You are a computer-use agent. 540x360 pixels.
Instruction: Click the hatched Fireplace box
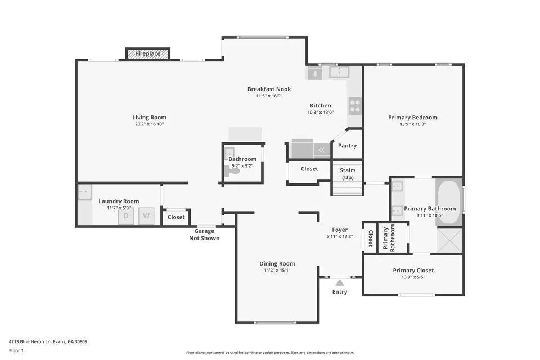pyautogui.click(x=148, y=54)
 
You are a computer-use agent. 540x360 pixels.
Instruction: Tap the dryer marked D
pyautogui.click(x=125, y=216)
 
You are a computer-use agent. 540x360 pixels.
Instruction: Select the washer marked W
pyautogui.click(x=146, y=216)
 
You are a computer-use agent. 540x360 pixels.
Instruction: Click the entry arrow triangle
pyautogui.click(x=340, y=283)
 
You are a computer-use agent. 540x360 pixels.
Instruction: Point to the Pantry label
pyautogui.click(x=347, y=146)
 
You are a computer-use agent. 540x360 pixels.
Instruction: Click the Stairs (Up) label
pyautogui.click(x=348, y=174)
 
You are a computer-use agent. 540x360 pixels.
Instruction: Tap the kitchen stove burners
pyautogui.click(x=355, y=106)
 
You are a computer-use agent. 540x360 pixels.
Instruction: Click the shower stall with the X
pyautogui.click(x=450, y=240)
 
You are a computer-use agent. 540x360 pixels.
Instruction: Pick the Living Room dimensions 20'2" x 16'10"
pyautogui.click(x=149, y=124)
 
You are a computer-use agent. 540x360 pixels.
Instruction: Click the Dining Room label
pyautogui.click(x=277, y=264)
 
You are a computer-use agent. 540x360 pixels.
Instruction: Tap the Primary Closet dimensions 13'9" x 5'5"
pyautogui.click(x=413, y=277)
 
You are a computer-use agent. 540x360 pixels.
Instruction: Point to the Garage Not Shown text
pyautogui.click(x=204, y=235)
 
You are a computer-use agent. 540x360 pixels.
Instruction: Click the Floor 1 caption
pyautogui.click(x=16, y=350)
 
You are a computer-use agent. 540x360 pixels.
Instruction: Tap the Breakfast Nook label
pyautogui.click(x=269, y=89)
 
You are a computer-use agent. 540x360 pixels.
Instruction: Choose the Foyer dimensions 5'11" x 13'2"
pyautogui.click(x=340, y=236)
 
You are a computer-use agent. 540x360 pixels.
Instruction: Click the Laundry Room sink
pyautogui.click(x=85, y=192)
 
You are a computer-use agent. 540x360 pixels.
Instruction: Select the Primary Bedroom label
pyautogui.click(x=413, y=118)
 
